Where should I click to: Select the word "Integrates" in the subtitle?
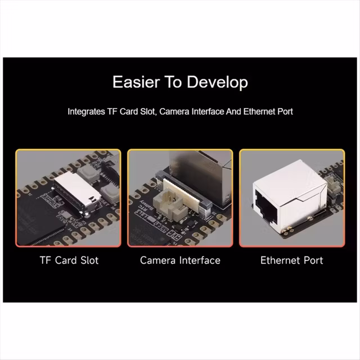(x=86, y=112)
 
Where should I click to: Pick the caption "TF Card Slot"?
(x=69, y=260)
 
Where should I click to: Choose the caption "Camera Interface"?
(x=180, y=260)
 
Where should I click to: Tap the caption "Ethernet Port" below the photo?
(x=292, y=260)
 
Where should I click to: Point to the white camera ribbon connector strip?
(x=184, y=191)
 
